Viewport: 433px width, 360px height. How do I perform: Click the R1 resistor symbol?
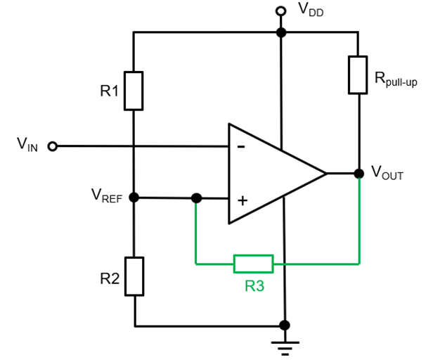pos(134,90)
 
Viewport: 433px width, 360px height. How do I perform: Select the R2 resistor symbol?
pos(134,276)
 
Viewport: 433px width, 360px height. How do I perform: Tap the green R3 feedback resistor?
pos(253,264)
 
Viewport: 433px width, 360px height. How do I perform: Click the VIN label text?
pos(27,146)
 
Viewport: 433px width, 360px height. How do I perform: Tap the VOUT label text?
pos(387,173)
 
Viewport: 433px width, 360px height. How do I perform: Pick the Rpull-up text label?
pos(396,79)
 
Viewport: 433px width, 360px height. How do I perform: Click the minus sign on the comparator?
pos(241,147)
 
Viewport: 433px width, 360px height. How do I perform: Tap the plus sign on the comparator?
pos(243,200)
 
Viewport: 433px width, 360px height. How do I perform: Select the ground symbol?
pos(285,345)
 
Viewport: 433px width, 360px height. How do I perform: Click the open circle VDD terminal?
pos(281,11)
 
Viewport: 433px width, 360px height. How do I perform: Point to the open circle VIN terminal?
pos(52,146)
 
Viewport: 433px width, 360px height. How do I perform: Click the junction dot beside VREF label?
pos(134,198)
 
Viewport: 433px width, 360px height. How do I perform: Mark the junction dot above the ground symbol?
pos(285,326)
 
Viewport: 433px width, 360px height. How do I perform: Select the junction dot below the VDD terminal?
pos(281,32)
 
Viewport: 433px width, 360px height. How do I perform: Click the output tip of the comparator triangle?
pos(326,173)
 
